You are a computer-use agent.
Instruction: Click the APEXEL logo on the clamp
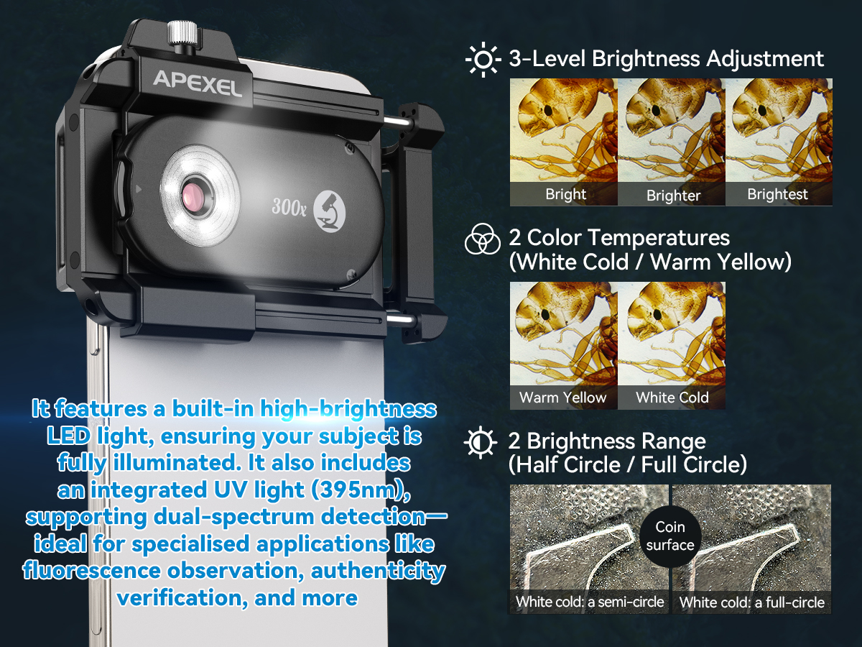[x=197, y=83]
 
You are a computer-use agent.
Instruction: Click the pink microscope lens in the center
[x=195, y=196]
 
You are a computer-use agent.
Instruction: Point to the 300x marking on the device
[x=289, y=206]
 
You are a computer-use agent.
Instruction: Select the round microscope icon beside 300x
[x=329, y=211]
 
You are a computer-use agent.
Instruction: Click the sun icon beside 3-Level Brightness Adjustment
[x=483, y=60]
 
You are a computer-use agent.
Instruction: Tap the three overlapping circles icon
[x=482, y=239]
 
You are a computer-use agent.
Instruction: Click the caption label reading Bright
[x=565, y=194]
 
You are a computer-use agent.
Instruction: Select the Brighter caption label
[x=673, y=196]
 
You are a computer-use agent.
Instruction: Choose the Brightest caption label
[x=777, y=194]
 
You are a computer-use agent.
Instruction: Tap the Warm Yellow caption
[x=562, y=397]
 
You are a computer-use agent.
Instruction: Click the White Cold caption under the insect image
[x=672, y=397]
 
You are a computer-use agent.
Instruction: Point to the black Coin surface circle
[x=670, y=536]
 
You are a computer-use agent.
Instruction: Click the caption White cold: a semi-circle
[x=590, y=602]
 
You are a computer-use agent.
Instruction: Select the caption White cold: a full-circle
[x=751, y=602]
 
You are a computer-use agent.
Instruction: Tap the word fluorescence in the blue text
[x=91, y=570]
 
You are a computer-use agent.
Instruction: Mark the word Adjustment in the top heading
[x=764, y=59]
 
